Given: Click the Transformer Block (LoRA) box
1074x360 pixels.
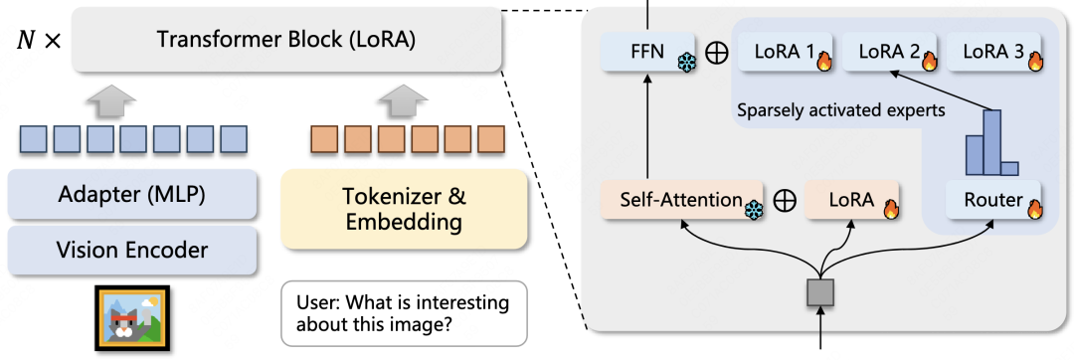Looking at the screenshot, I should coord(285,41).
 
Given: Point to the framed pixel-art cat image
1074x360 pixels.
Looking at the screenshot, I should coord(133,319).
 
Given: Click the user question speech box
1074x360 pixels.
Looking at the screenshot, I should coord(403,314).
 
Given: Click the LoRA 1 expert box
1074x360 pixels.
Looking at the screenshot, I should coord(783,51).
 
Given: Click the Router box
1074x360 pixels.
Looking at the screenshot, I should coord(993,200).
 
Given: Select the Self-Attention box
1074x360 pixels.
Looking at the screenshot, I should coord(682,200).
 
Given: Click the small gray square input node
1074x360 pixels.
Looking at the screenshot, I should coord(820,291).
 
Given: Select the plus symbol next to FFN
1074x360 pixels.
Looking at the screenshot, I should coord(715,53).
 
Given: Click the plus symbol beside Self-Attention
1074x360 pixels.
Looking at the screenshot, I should coord(785,201).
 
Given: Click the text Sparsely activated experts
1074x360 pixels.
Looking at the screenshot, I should coord(840,110).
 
